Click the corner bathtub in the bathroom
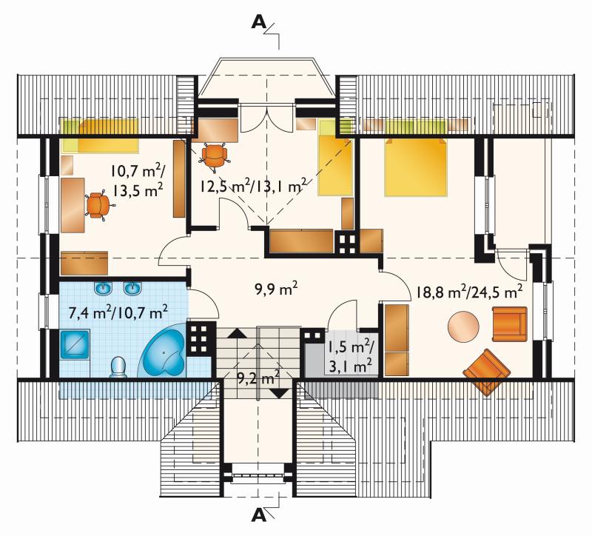162,353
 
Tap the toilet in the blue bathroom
118,366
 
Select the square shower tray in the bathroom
75,344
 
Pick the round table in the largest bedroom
464,326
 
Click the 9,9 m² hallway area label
276,289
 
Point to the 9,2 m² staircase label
258,377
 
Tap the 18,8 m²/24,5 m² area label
470,292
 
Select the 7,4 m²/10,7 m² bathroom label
118,312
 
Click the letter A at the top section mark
258,22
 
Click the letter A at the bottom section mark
258,515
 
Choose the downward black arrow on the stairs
280,394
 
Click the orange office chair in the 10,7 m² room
99,205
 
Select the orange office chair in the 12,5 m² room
215,155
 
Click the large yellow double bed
416,167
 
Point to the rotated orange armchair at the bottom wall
487,372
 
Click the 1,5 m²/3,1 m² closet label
350,356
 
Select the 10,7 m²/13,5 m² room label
137,181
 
